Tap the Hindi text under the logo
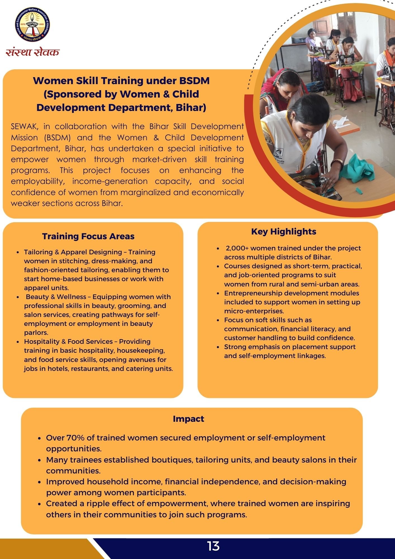tap(33, 52)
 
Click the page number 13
tap(213, 546)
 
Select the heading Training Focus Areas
tap(88, 236)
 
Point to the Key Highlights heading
tap(284, 231)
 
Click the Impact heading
tap(188, 419)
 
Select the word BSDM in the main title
tap(194, 80)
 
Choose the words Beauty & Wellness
tap(56, 297)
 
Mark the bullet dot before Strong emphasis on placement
tap(218, 347)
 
